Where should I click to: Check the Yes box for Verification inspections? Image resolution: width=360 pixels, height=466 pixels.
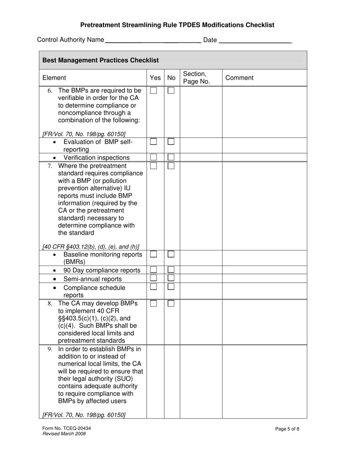[153, 157]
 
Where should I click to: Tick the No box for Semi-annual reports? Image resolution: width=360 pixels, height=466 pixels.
[171, 278]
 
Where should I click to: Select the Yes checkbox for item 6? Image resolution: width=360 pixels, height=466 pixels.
[153, 91]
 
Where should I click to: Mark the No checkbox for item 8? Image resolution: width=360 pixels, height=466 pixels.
[171, 303]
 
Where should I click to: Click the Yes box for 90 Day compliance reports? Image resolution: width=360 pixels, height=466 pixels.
[153, 270]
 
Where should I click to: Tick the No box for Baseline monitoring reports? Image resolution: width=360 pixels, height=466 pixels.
[171, 254]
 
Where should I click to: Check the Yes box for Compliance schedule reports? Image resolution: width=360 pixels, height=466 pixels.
[153, 287]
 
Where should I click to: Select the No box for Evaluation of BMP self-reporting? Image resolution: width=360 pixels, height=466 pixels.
[171, 141]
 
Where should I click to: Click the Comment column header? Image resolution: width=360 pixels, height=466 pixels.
[239, 78]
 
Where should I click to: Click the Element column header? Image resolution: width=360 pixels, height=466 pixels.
[54, 78]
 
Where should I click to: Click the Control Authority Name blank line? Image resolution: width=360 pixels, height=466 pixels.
[152, 40]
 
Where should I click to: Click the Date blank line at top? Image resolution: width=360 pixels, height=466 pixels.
[255, 40]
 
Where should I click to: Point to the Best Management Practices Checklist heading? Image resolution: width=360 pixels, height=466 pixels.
[100, 60]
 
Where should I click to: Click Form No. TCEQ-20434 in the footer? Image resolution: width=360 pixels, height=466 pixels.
[67, 428]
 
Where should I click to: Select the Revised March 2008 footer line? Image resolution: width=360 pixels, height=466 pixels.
[64, 434]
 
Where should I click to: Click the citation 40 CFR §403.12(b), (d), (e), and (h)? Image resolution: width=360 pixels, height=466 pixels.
[91, 247]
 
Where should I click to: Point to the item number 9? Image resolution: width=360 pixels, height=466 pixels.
[50, 349]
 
